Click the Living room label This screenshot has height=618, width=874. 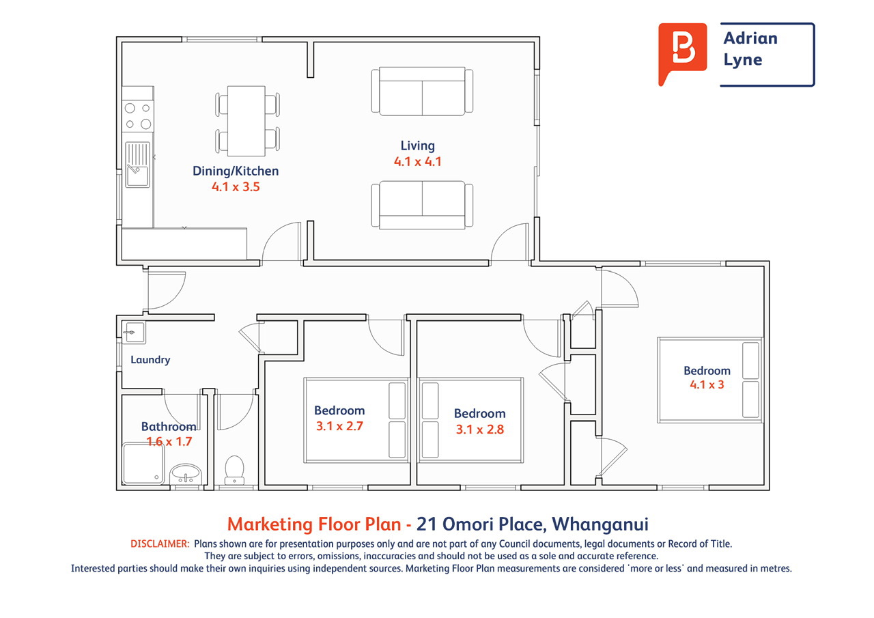[417, 145]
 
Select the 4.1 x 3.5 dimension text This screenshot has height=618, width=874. [236, 187]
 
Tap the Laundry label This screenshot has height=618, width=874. [150, 360]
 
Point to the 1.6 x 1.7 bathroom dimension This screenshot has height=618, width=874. [169, 442]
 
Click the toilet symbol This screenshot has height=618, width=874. [234, 470]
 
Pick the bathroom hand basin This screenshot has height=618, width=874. [186, 474]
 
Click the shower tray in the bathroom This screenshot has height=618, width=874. [143, 464]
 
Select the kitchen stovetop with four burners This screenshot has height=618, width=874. [138, 116]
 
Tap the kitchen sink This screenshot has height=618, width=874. [137, 165]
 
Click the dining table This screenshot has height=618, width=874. [246, 121]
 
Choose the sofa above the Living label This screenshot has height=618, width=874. [422, 92]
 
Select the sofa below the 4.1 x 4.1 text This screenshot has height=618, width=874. [422, 205]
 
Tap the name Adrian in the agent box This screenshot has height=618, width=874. [750, 38]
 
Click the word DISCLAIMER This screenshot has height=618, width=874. [160, 544]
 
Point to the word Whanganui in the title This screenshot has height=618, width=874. [600, 524]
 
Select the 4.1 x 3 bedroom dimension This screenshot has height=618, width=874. [707, 384]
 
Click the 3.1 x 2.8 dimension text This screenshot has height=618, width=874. [480, 430]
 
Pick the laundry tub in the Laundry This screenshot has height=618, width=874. [134, 333]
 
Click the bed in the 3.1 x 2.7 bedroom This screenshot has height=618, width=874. [356, 420]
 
